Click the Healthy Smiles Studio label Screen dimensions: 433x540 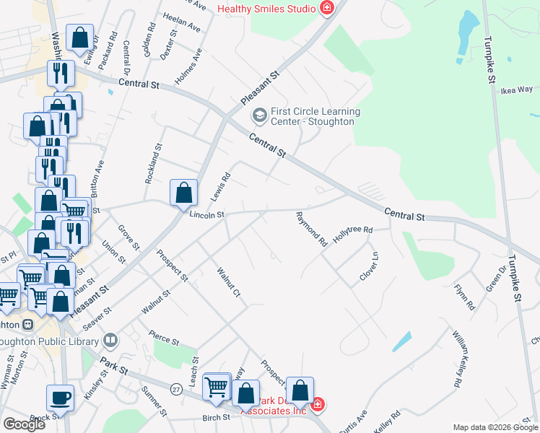(266, 9)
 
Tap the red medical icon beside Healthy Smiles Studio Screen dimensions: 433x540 (327, 9)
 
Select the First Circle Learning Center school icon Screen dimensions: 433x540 (258, 115)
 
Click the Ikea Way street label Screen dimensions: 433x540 (516, 90)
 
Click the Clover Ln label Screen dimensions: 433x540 (369, 267)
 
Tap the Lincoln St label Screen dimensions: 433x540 (207, 214)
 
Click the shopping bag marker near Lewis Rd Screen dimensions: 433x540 (184, 193)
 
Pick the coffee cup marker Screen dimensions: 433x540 (60, 397)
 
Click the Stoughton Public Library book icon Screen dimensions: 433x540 (110, 339)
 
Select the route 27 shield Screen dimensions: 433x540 (175, 389)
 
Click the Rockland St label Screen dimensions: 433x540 (152, 165)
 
